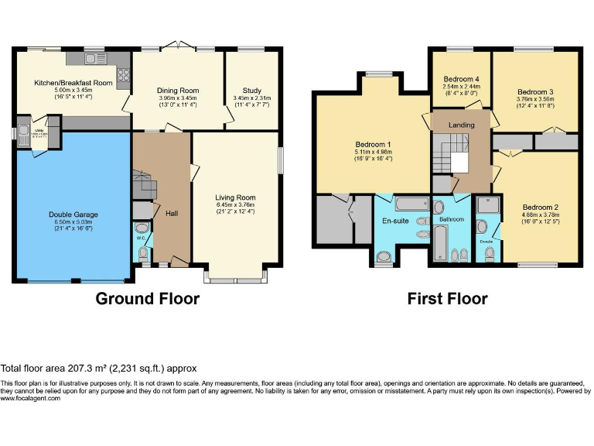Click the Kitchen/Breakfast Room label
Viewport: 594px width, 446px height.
[x=73, y=83]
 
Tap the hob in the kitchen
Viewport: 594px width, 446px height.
[x=122, y=76]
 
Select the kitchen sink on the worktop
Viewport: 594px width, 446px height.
[x=97, y=59]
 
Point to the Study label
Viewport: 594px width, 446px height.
[x=251, y=91]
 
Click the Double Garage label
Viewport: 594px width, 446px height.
[x=73, y=214]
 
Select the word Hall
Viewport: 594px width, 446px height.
[x=172, y=212]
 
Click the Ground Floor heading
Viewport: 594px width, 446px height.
[x=147, y=299]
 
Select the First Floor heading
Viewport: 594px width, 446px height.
[x=448, y=299]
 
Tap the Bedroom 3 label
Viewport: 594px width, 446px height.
[x=534, y=91]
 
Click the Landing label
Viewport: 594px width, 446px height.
[x=461, y=124]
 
